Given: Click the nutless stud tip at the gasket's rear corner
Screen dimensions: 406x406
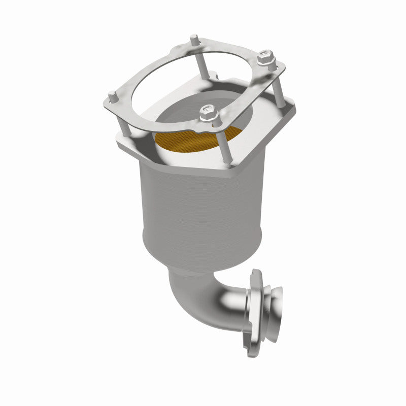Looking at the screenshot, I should pyautogui.click(x=194, y=39).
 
